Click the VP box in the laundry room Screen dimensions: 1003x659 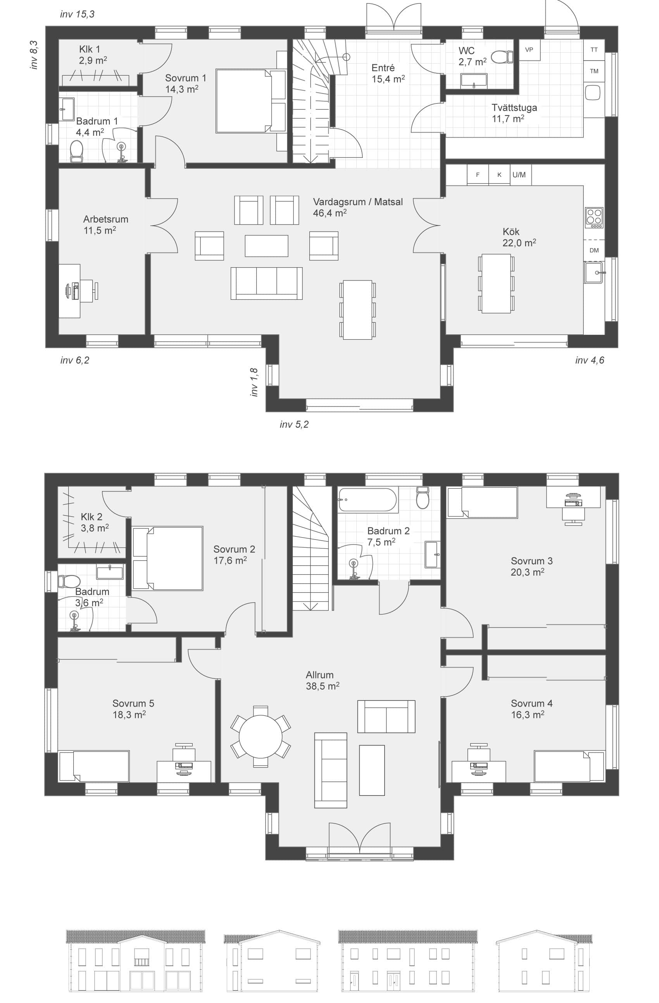coord(529,50)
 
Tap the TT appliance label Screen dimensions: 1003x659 coord(594,50)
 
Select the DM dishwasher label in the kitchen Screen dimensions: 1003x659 coord(594,250)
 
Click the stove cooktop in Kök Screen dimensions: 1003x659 coord(594,218)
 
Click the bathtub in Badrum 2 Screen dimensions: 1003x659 coord(367,500)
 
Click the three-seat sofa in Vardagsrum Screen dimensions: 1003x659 coord(266,283)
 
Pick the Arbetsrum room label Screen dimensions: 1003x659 coord(105,219)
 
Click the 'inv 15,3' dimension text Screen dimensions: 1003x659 coord(77,14)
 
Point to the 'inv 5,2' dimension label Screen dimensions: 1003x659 coord(294,424)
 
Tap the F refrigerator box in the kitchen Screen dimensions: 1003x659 coord(478,175)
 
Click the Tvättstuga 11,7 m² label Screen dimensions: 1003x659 coord(514,113)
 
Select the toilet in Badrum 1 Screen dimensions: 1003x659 coord(76,151)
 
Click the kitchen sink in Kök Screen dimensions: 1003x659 coord(594,272)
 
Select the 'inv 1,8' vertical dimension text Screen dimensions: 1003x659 coord(254,382)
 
